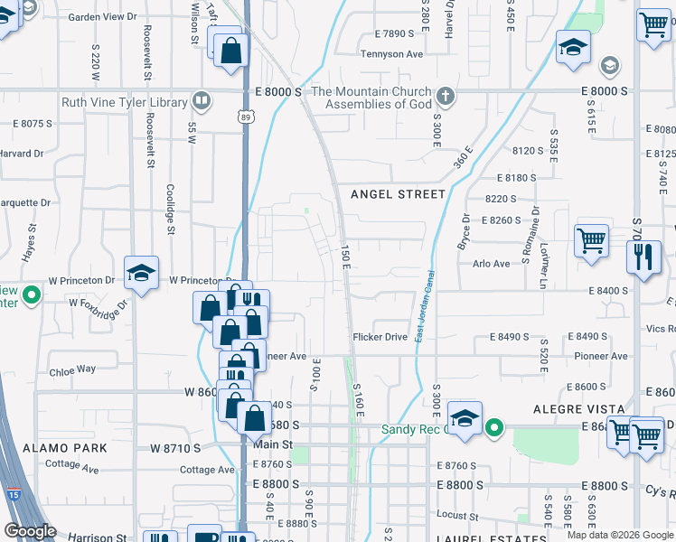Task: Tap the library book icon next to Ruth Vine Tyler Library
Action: click(x=203, y=101)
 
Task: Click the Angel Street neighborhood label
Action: click(x=398, y=194)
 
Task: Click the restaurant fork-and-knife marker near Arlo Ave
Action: click(x=643, y=257)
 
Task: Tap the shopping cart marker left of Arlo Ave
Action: click(x=591, y=242)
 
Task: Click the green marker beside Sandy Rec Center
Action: click(x=494, y=427)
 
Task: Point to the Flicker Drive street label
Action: click(x=380, y=337)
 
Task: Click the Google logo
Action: click(x=31, y=532)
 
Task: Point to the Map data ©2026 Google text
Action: click(x=620, y=535)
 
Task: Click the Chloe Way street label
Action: click(x=72, y=369)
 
